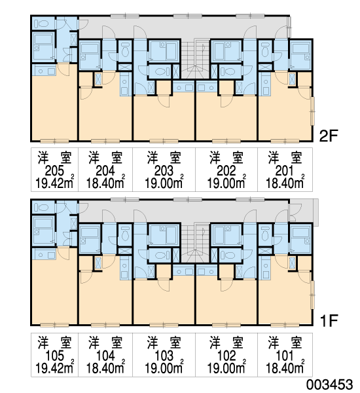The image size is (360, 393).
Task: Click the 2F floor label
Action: point(329,136)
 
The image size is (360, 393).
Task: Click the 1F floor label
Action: point(329,320)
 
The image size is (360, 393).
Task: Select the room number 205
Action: point(54,171)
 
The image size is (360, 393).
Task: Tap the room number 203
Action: point(164,171)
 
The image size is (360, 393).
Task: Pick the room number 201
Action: point(284,171)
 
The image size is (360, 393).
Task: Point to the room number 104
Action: point(105,356)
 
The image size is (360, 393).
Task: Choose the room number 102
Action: point(226,356)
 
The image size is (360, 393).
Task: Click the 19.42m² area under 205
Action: point(54,182)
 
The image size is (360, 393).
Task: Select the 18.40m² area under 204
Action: point(105,182)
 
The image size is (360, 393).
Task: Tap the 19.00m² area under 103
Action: point(164,367)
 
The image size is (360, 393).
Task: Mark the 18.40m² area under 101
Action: point(285,367)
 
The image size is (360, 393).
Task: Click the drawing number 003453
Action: point(329,384)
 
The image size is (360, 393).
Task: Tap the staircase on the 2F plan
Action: point(195,58)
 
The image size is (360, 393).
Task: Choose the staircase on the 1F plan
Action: point(195,242)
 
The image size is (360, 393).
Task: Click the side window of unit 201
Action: point(312,111)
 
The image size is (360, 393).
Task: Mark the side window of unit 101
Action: point(312,295)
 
